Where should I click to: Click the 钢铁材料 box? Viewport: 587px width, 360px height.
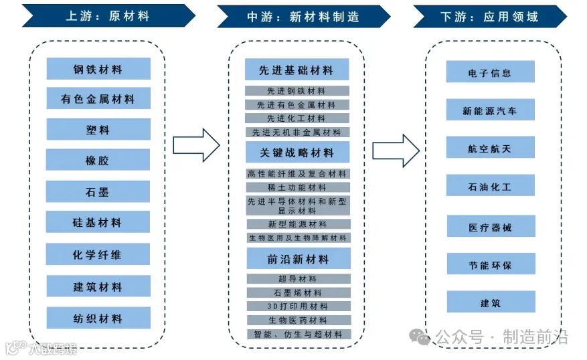(98, 69)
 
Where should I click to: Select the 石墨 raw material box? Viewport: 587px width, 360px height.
(98, 192)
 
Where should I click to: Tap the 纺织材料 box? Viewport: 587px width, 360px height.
(98, 319)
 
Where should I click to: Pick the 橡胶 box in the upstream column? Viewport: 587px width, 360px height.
(98, 161)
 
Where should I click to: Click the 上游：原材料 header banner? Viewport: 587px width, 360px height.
(107, 17)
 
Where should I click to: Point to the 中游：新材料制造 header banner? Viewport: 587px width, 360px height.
(303, 17)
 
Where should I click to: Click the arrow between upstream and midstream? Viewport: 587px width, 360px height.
(196, 145)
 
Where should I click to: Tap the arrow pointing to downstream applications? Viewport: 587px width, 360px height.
(396, 150)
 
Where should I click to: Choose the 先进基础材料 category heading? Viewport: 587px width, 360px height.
(297, 70)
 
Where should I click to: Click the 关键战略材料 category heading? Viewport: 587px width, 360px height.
(297, 153)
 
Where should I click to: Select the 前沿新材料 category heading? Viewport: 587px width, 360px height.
(297, 259)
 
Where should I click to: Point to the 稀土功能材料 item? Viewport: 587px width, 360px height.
(297, 187)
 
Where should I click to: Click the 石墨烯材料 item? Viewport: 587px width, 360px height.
(297, 292)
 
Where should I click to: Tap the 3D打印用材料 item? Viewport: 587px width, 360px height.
(297, 306)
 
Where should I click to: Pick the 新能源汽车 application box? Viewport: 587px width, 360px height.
(490, 110)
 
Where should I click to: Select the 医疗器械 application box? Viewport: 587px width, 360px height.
(490, 227)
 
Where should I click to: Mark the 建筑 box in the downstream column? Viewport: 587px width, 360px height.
(490, 303)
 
